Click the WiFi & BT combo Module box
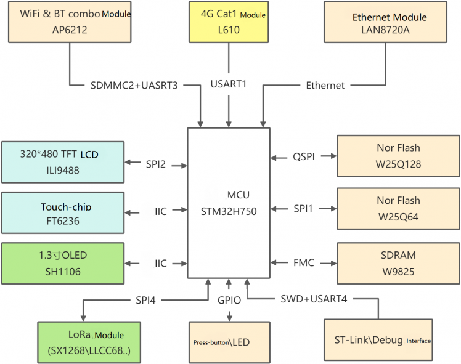70,22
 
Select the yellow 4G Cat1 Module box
229,22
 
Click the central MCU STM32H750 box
229,203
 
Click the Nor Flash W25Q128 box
398,156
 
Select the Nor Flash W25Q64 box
398,208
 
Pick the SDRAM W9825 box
398,263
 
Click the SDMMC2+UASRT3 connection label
133,85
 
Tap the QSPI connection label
304,156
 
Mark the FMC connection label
303,263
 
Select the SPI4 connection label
145,300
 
